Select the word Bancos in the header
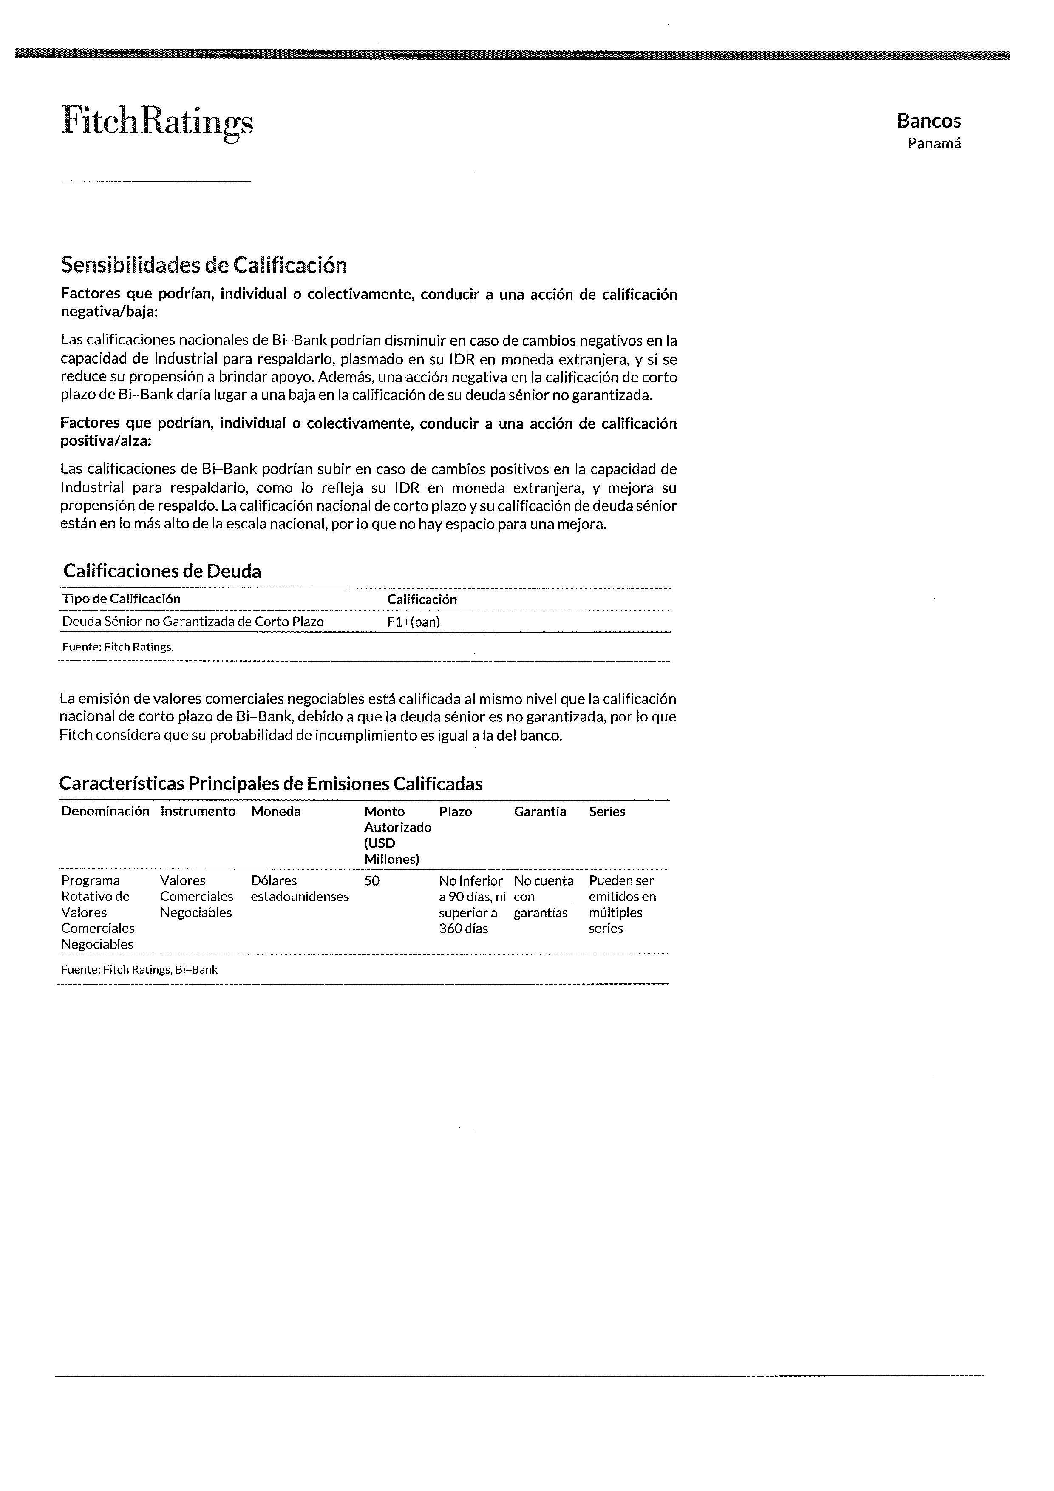929,121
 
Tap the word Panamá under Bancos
934,144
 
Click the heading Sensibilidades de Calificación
204,265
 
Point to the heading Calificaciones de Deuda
162,571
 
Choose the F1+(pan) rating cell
414,622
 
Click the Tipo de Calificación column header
122,599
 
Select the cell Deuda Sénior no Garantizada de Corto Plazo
193,622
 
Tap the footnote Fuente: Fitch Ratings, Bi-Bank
139,969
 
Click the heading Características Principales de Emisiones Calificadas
271,784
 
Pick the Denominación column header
105,812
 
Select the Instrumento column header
198,812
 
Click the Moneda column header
276,812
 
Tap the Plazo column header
456,812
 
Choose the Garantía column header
540,812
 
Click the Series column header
607,812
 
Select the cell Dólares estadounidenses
300,889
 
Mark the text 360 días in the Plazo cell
463,929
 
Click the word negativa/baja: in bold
109,312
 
